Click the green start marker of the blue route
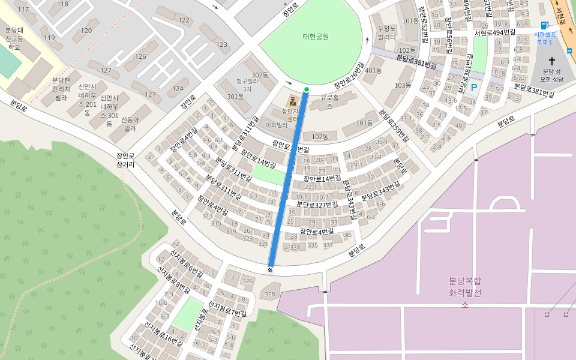pyautogui.click(x=307, y=90)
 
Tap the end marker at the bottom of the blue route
pyautogui.click(x=270, y=270)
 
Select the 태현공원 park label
pyautogui.click(x=316, y=37)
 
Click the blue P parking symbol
pyautogui.click(x=474, y=88)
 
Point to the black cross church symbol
pyautogui.click(x=551, y=61)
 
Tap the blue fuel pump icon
pyautogui.click(x=544, y=25)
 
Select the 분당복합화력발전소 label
pyautogui.click(x=464, y=292)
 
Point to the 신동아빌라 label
pyautogui.click(x=130, y=124)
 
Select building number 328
pyautogui.click(x=269, y=294)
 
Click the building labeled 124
pyautogui.click(x=178, y=89)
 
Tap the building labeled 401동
pyautogui.click(x=373, y=71)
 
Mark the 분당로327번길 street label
pyautogui.click(x=317, y=205)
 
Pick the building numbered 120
pyautogui.click(x=86, y=30)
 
